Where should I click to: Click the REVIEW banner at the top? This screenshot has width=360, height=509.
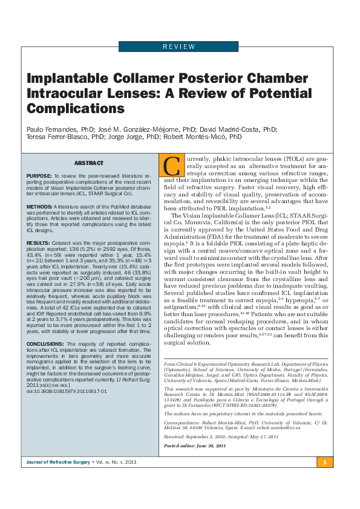click(x=179, y=47)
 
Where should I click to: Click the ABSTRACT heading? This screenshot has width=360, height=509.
click(x=89, y=163)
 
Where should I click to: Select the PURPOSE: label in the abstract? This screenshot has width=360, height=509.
click(x=39, y=175)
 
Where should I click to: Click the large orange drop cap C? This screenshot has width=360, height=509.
click(x=173, y=165)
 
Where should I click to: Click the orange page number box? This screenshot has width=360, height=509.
click(x=324, y=462)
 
